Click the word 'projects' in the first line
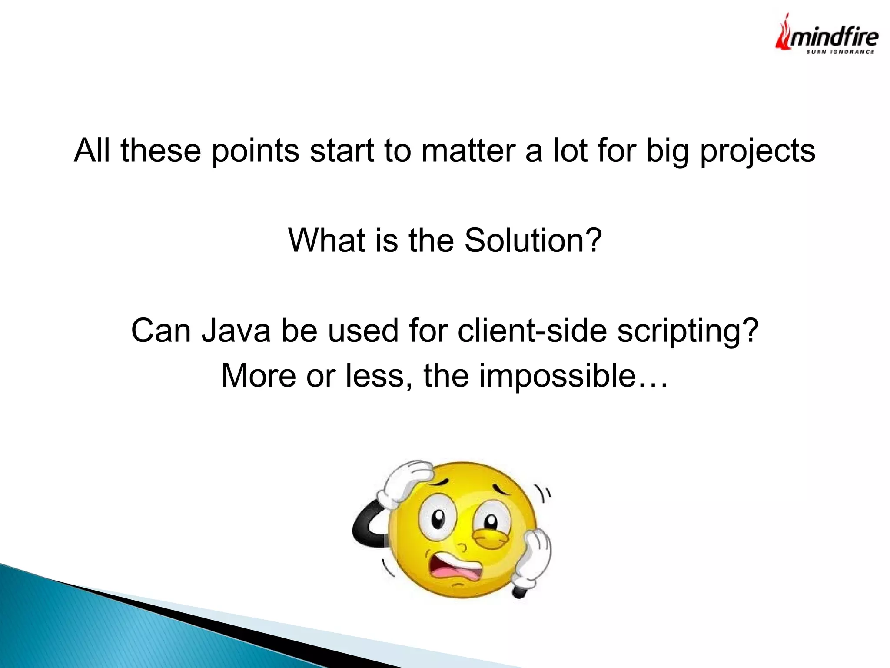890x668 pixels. click(x=757, y=151)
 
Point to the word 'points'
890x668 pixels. click(x=256, y=151)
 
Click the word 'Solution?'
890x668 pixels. click(x=533, y=240)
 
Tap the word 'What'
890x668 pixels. click(x=326, y=240)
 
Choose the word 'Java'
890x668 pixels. click(x=236, y=331)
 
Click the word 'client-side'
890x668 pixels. click(x=533, y=331)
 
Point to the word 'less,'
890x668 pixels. click(x=379, y=376)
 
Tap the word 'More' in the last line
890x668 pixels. click(x=259, y=376)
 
